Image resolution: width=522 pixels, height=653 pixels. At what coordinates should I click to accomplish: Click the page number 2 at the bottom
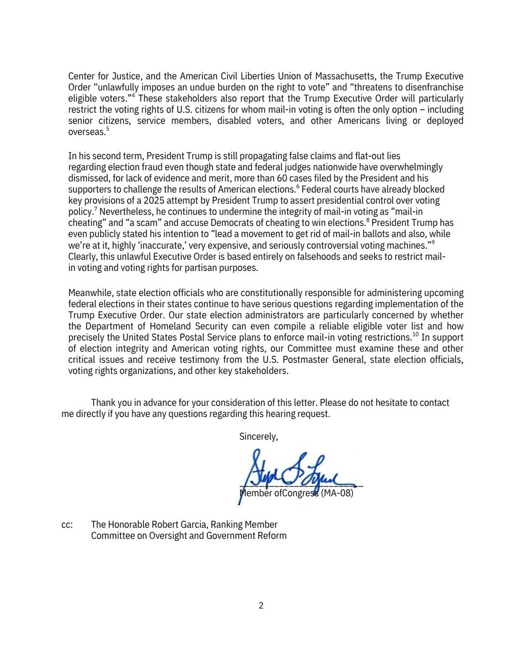(x=261, y=605)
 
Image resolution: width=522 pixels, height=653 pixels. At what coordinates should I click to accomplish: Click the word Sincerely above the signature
(x=258, y=436)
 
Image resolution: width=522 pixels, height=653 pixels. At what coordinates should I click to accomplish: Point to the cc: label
(x=67, y=525)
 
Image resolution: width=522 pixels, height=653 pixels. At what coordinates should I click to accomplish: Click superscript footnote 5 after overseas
(x=108, y=129)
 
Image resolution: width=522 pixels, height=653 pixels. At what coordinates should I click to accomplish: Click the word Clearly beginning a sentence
(x=83, y=256)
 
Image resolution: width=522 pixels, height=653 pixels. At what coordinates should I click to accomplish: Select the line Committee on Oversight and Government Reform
(x=189, y=535)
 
